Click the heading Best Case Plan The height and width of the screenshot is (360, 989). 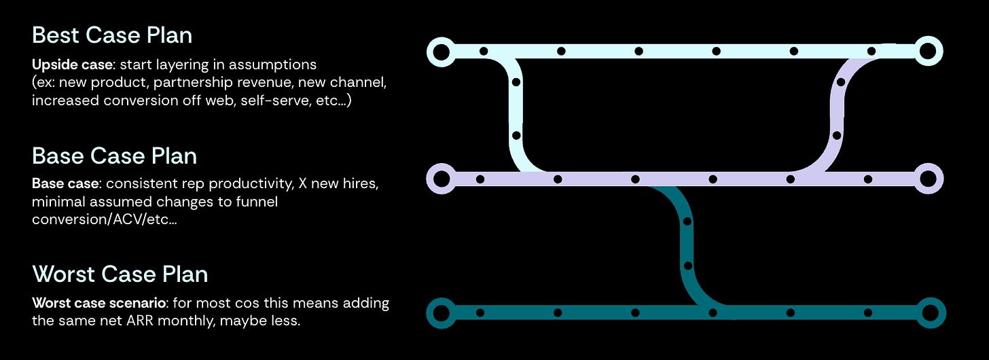click(112, 35)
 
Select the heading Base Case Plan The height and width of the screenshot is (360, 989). click(114, 156)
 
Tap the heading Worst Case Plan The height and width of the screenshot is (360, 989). click(120, 274)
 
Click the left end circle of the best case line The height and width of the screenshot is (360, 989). click(441, 51)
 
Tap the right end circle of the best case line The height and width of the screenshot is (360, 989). click(928, 51)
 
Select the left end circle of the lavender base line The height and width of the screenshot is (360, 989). click(441, 179)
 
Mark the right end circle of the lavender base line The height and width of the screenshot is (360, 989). click(928, 179)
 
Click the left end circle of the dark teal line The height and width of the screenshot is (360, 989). click(441, 313)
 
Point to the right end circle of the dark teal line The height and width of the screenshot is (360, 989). click(928, 313)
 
